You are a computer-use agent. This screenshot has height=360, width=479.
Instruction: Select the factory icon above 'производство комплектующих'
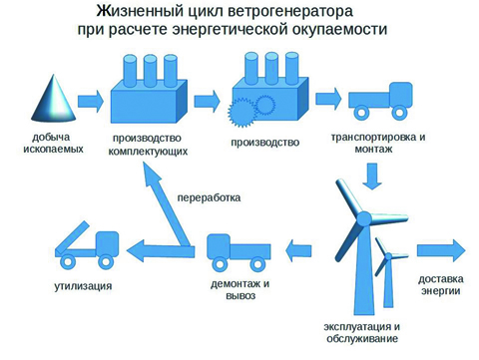click(x=147, y=89)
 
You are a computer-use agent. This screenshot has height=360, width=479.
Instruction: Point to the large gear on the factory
click(x=244, y=111)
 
